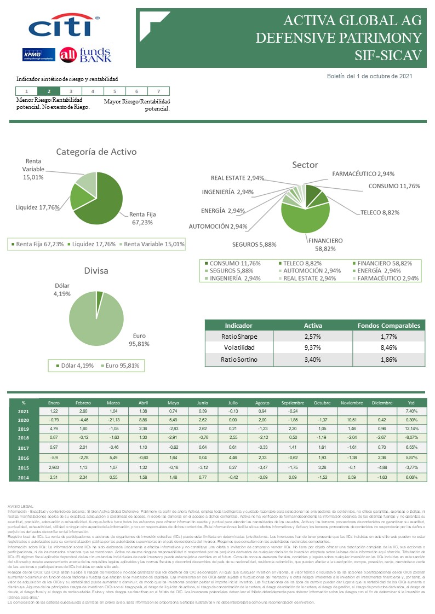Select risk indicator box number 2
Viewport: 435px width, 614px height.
49,91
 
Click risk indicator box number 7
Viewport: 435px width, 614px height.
158,91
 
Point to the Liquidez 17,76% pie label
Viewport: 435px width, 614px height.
37,207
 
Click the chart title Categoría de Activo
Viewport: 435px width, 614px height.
96,152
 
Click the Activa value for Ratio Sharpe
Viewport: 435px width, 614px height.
313,337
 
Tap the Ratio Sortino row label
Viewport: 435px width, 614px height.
239,360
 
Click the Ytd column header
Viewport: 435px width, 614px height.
411,403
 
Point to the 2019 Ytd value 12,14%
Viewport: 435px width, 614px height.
411,428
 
